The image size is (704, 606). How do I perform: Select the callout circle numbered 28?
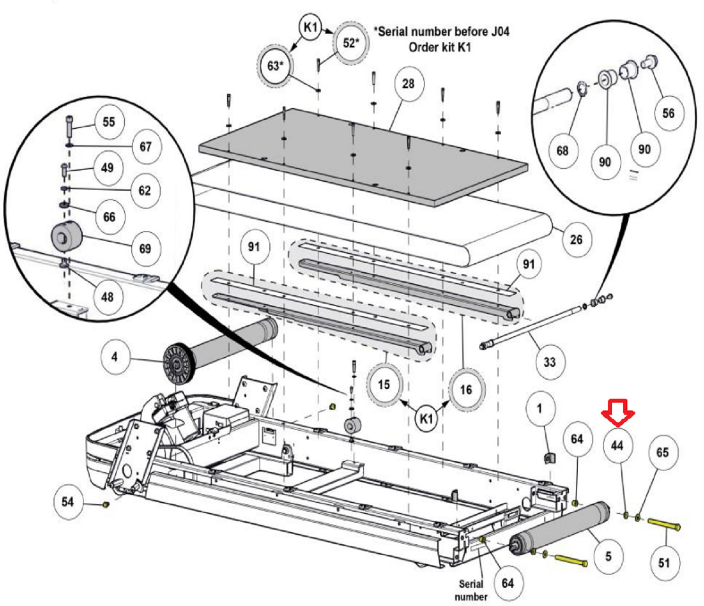pos(408,84)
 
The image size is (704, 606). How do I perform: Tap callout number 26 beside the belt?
pos(576,239)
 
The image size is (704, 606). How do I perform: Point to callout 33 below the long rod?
pos(549,362)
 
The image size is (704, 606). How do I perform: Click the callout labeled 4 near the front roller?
pos(115,357)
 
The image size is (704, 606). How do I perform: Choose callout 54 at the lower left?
pos(67,501)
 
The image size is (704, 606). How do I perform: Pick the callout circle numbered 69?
pos(145,248)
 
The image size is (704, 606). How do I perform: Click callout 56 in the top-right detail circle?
pos(668,113)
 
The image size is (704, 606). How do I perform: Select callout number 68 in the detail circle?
pos(562,150)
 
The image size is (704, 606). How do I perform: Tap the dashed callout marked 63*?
pos(275,66)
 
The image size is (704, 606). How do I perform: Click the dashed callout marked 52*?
pos(350,42)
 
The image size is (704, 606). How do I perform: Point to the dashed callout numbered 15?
pos(384,384)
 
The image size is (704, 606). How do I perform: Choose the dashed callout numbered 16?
pos(466,389)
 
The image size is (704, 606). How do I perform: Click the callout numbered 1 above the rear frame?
pos(539,408)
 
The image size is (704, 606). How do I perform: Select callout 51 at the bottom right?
pos(664,562)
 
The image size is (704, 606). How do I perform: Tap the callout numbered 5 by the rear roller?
pos(608,556)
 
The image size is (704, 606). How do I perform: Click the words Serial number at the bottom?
pos(471,590)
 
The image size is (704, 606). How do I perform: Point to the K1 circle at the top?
pos(311,27)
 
